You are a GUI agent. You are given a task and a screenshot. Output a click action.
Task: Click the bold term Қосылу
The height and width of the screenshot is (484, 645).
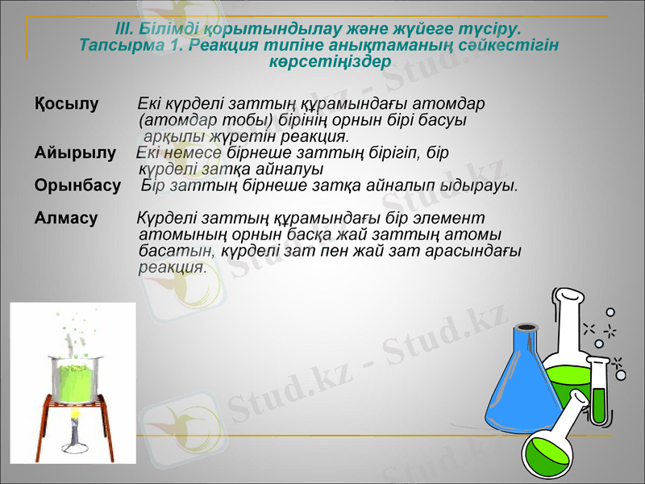(66, 104)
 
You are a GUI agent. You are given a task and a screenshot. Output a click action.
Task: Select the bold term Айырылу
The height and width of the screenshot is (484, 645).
(74, 153)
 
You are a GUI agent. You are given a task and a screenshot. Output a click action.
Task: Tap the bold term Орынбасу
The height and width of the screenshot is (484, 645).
(77, 186)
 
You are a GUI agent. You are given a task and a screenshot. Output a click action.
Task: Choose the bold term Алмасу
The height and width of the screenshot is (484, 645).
(66, 219)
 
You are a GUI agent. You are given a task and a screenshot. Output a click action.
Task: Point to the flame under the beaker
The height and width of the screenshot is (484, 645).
(76, 419)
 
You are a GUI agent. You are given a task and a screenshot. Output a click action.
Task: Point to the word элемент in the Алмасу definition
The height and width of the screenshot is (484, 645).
(454, 219)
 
